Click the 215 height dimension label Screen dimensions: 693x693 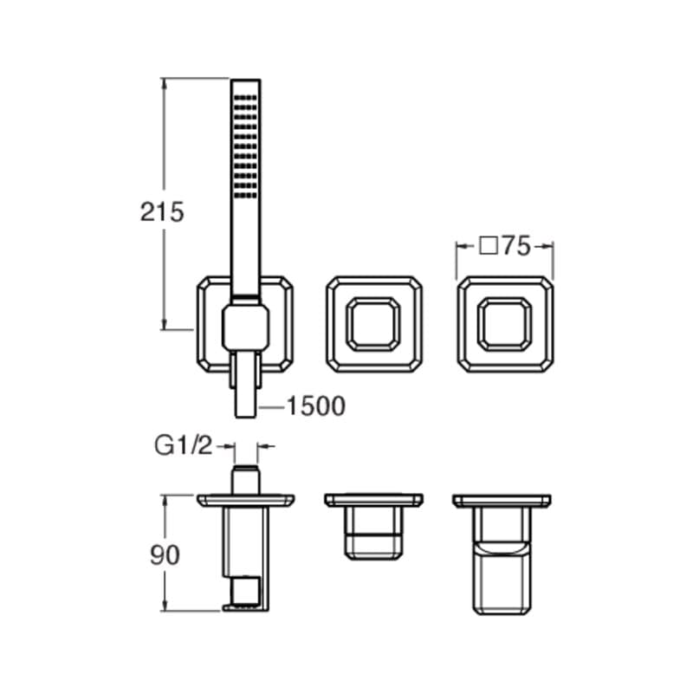coord(162,212)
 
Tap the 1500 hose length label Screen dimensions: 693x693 coord(316,406)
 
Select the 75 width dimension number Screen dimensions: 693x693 coord(515,246)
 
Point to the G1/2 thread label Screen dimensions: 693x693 coord(184,445)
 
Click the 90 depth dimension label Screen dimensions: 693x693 coord(165,555)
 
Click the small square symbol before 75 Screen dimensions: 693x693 coord(489,246)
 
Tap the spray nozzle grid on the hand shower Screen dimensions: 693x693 coord(245,146)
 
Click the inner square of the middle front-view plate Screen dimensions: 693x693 coord(373,324)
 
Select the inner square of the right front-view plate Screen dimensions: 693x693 coord(505,324)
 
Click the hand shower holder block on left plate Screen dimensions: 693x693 coord(245,328)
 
